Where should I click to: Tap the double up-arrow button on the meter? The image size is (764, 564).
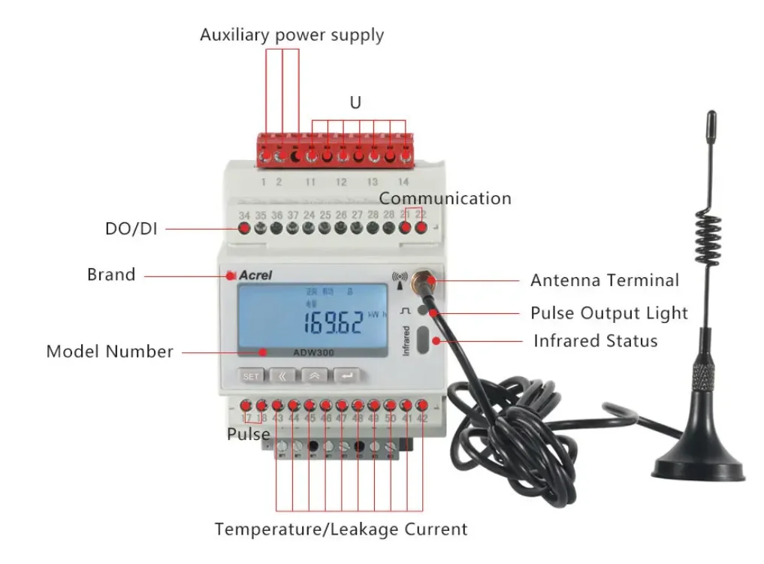click(316, 375)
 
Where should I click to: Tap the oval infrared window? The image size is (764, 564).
click(424, 339)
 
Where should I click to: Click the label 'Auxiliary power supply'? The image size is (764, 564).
click(291, 35)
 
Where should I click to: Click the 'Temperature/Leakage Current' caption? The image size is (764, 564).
click(341, 529)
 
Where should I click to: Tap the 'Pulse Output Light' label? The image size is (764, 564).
click(609, 312)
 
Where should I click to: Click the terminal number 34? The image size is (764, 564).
click(244, 216)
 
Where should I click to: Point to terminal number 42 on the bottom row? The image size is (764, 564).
click(423, 418)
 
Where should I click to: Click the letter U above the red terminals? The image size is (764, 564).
click(355, 103)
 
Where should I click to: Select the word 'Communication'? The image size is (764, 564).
click(445, 198)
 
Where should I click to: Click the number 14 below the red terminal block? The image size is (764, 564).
click(403, 182)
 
